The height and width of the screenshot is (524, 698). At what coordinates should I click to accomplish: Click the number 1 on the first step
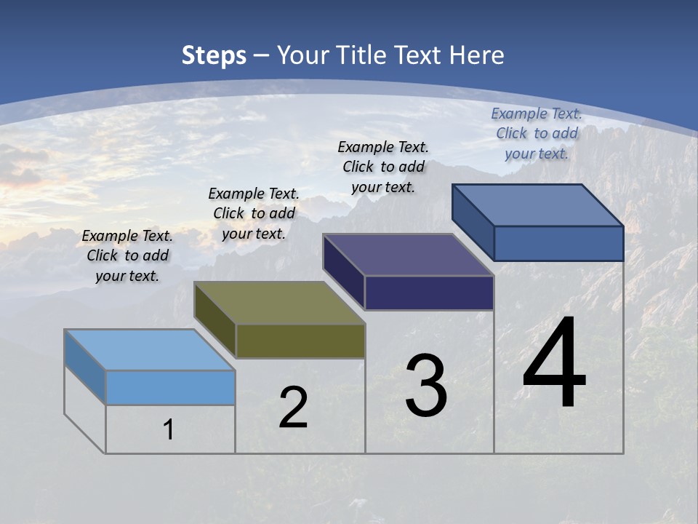pos(169,429)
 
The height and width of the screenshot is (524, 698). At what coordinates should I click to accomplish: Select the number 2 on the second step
pos(293,408)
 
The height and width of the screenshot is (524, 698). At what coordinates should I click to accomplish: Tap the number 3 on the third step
pos(426,386)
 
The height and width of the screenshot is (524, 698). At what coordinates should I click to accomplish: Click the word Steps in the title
pos(214,55)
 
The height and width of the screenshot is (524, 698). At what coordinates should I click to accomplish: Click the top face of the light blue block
pos(150,349)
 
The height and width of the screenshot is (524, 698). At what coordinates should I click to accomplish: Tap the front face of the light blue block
pos(170,387)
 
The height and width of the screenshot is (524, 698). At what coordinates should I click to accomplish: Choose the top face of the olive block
pos(279,302)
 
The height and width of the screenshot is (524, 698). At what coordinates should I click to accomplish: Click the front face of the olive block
pos(300,341)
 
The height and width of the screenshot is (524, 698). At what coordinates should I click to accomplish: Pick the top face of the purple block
pos(409,255)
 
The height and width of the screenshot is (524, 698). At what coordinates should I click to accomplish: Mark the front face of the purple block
pos(429,293)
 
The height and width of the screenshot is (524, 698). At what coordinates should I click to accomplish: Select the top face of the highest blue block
pos(538,205)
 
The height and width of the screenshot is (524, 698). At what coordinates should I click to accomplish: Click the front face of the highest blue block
pos(558,243)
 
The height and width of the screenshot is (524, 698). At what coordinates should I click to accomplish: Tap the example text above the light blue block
pos(127,255)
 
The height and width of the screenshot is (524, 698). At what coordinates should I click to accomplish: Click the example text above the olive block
pos(254,213)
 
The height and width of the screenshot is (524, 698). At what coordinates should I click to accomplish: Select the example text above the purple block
pos(383,167)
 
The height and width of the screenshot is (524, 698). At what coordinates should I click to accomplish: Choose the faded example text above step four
pos(537,133)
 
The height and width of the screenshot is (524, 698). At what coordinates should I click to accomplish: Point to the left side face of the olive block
pos(215,320)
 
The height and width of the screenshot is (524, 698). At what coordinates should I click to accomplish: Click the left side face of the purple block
pos(344,272)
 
